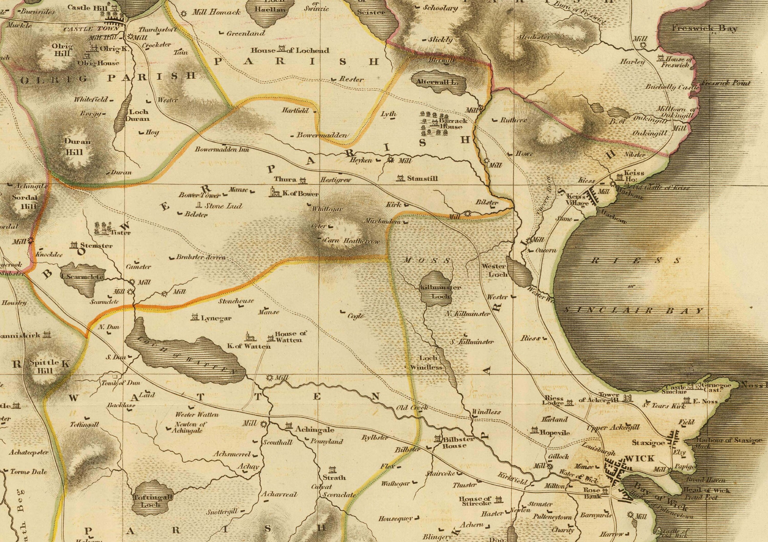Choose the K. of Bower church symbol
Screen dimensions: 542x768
272,192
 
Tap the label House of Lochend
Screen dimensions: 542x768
290,50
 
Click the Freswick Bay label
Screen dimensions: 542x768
705,28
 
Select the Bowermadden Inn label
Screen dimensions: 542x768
222,150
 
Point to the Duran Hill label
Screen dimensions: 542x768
77,147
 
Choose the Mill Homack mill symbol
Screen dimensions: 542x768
183,14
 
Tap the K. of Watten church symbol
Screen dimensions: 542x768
248,337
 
